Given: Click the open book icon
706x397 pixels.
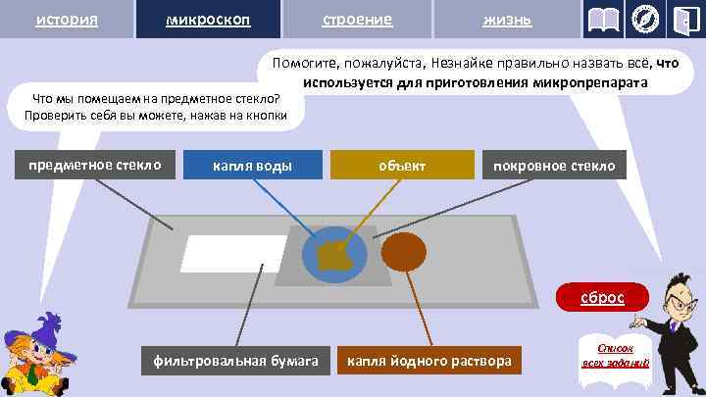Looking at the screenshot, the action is [603, 20].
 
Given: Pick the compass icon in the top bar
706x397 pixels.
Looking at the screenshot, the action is [645, 20].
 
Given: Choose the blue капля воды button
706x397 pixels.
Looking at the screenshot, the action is [253, 165].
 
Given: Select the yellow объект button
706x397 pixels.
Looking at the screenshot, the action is [402, 165].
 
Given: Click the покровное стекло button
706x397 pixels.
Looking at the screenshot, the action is [555, 165].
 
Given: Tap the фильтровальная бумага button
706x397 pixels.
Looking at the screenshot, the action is [235, 362].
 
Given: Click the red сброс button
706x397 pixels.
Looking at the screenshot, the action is [601, 296].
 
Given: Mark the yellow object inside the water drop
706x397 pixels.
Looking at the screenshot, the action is [337, 256].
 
